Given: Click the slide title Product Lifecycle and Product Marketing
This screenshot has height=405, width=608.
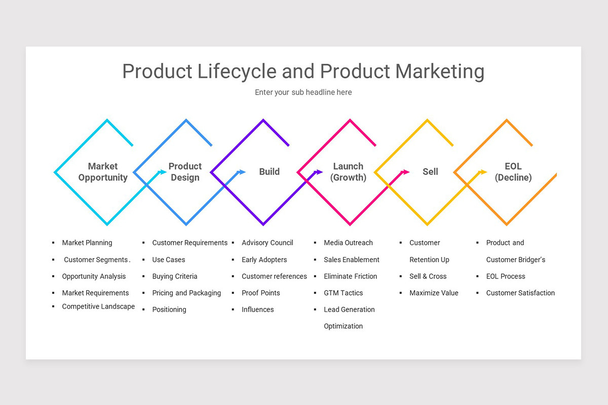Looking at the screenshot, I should [303, 71].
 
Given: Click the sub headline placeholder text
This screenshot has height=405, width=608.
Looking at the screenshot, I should [303, 92].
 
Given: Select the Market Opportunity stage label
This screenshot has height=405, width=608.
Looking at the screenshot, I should [103, 172].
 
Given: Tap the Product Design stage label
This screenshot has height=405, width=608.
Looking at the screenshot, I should [185, 172].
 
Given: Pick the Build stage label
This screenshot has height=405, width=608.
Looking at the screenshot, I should [269, 172].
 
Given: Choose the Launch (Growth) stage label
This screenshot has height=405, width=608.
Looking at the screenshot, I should [348, 172].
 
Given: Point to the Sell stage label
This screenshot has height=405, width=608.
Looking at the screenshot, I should [430, 172].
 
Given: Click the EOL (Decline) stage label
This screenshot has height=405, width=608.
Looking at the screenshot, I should [513, 172].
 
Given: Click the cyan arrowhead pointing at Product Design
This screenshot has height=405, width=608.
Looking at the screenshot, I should [163, 172].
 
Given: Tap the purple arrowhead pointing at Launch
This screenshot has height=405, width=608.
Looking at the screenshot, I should [319, 172].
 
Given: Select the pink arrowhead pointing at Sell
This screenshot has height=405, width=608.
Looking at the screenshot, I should [406, 172].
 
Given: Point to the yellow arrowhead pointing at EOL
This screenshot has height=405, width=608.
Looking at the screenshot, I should [483, 172].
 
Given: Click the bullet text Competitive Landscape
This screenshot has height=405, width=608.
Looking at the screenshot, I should [98, 306].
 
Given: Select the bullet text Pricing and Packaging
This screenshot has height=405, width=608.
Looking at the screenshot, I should [186, 293].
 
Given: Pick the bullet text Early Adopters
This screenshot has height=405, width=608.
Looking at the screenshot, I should [264, 260].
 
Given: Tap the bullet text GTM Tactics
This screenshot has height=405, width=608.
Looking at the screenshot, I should [343, 293].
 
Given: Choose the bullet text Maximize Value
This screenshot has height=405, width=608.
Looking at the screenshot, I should [434, 293].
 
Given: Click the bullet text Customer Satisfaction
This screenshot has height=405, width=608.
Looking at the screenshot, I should [520, 293].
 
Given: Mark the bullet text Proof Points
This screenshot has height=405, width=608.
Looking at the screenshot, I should [260, 293].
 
